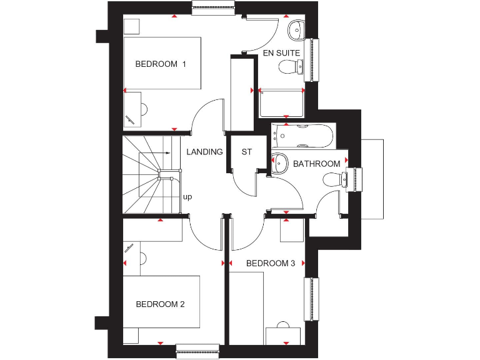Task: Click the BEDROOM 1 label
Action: pos(161,64)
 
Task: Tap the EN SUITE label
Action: pos(281,53)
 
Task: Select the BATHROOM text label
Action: pos(317,164)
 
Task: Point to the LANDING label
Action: pos(204,152)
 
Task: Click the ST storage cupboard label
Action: pos(247,152)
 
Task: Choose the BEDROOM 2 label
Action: pos(160,304)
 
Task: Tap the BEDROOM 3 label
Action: pos(270,263)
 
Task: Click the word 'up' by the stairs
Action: pos(187,197)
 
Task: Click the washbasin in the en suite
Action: pos(296,27)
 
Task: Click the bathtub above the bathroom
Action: pos(303,136)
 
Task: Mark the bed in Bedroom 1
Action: pos(162,64)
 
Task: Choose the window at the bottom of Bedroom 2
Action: pos(197,352)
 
